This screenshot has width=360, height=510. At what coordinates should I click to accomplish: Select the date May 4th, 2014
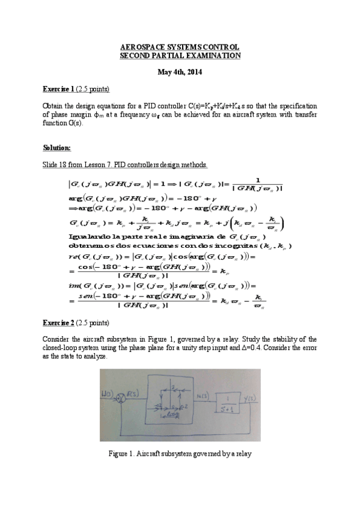click(180, 73)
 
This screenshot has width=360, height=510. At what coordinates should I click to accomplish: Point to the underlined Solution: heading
click(57, 147)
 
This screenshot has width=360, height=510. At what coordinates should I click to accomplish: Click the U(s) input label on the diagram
click(107, 393)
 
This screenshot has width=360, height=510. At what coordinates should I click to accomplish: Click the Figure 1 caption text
click(180, 453)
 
